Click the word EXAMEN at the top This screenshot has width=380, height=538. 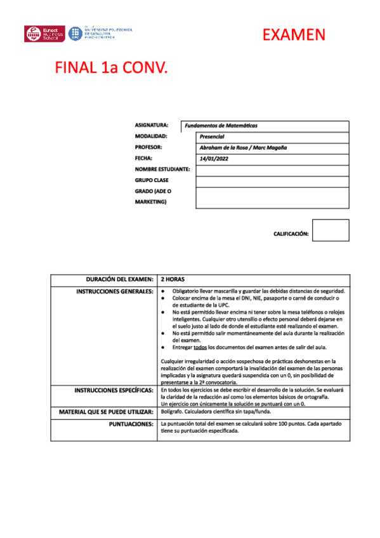coord(294,35)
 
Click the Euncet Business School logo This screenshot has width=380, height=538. coord(44,34)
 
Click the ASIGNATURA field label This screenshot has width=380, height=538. coord(152,126)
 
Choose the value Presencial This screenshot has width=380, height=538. coord(213,137)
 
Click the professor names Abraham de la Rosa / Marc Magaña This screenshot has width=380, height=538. coord(243,148)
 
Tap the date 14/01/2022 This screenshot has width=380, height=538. coord(214,159)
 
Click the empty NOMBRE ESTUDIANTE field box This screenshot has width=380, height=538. coord(272,170)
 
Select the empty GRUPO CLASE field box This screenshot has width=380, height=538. coord(272,181)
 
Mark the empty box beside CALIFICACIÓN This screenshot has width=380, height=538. coord(331,230)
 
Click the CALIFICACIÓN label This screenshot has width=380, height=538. coord(291,234)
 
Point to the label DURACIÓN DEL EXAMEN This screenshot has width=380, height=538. coord(119,279)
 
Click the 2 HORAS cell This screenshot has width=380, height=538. coord(172,279)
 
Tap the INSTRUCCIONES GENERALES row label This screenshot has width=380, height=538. coord(114,291)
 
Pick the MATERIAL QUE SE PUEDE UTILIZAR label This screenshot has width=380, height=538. coord(106,412)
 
